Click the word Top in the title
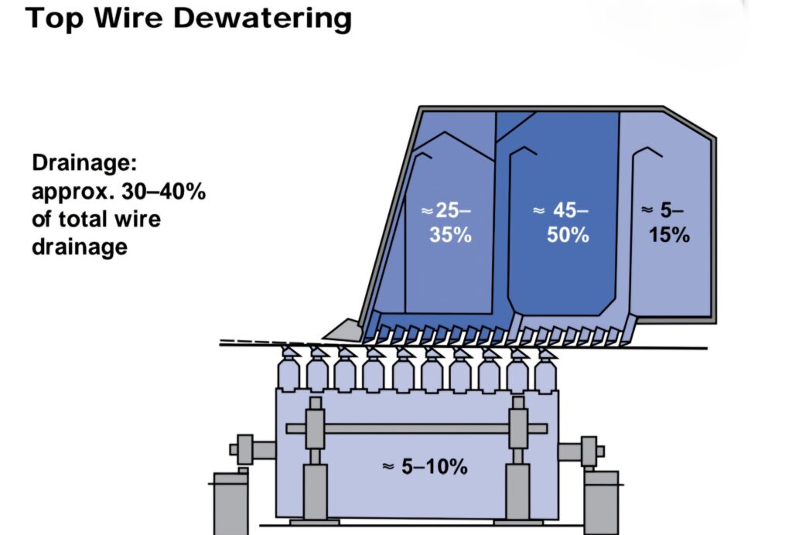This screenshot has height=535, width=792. click(x=53, y=18)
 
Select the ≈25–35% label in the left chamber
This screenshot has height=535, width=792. click(x=446, y=223)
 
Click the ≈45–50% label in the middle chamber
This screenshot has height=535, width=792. click(x=562, y=223)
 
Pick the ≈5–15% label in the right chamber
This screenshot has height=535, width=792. click(x=666, y=223)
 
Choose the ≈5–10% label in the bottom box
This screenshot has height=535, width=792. click(x=425, y=466)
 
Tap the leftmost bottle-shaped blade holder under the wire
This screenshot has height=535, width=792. click(x=288, y=371)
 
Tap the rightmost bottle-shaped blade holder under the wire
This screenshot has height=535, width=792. click(x=545, y=371)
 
